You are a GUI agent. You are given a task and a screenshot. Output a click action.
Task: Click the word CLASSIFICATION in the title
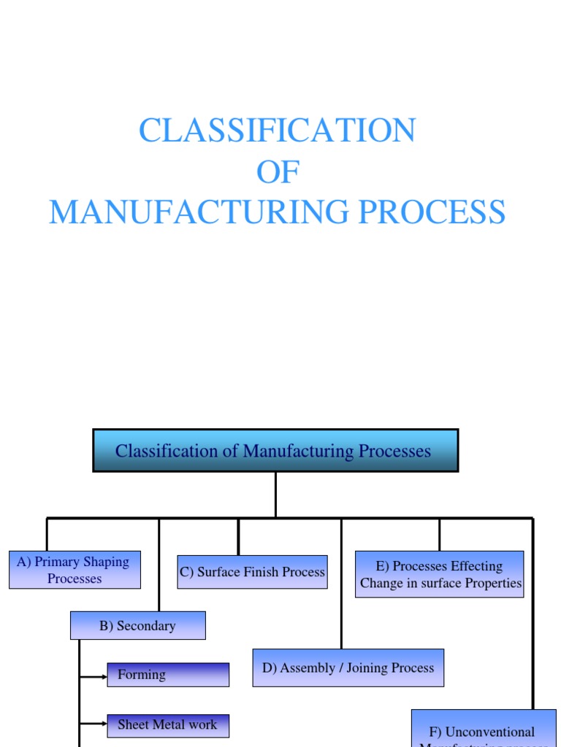click(277, 131)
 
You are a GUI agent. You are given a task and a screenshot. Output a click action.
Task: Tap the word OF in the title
click(278, 172)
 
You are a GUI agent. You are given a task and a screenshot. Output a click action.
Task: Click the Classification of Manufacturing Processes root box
click(275, 451)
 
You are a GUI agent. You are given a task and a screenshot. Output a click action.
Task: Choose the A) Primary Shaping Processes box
click(75, 570)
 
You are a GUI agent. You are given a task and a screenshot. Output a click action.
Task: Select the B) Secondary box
click(137, 626)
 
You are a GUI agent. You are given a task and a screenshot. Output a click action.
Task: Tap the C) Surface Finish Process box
click(252, 572)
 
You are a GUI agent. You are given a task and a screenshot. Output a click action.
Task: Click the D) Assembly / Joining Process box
click(348, 667)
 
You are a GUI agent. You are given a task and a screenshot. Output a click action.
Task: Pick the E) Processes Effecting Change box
click(440, 574)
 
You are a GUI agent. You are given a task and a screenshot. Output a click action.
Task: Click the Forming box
click(168, 675)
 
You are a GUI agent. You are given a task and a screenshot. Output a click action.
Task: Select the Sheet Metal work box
click(168, 725)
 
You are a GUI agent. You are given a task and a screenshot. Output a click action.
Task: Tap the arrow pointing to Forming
click(93, 676)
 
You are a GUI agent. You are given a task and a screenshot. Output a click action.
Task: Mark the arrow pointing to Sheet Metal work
click(93, 724)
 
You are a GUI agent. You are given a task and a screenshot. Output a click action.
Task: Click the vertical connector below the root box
click(275, 495)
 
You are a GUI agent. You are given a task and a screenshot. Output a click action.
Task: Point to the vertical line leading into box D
click(341, 584)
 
